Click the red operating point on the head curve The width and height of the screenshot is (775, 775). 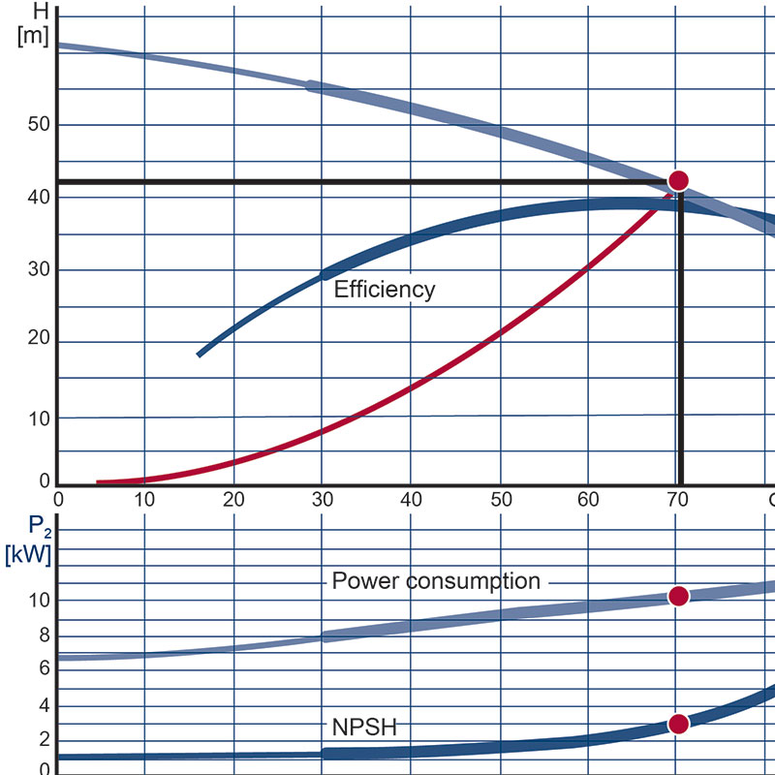click(678, 180)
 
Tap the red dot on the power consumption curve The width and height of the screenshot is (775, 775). click(678, 596)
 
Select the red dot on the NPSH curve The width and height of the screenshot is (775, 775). click(678, 724)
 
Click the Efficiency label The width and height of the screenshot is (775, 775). click(385, 289)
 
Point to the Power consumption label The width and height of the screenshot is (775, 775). click(436, 581)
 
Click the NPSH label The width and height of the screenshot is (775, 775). click(363, 728)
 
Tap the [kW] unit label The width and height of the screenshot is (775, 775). click(28, 555)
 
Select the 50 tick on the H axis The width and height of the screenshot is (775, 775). click(38, 124)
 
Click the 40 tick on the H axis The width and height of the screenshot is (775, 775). click(38, 197)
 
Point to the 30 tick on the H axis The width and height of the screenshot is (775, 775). click(38, 269)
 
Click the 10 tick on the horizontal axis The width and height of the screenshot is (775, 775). click(144, 500)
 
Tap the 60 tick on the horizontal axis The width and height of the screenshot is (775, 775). click(589, 500)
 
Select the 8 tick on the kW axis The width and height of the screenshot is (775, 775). click(44, 636)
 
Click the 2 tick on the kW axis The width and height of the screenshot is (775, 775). click(44, 739)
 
